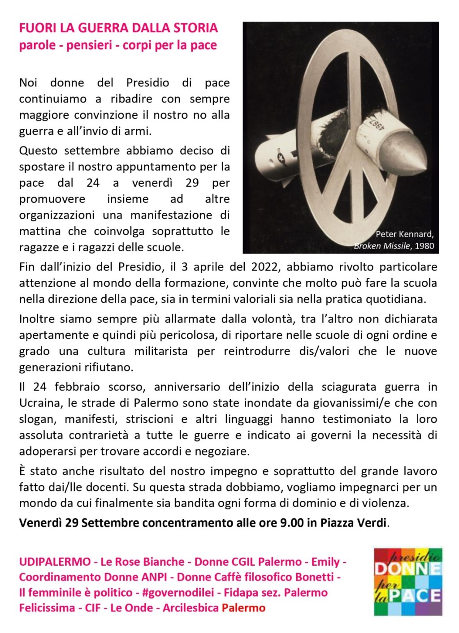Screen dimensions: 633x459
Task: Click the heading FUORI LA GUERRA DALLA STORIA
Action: point(118,28)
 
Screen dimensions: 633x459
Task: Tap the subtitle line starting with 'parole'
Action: point(117,45)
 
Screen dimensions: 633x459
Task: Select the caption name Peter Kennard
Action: point(404,234)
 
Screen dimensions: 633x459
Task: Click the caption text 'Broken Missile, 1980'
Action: point(394,245)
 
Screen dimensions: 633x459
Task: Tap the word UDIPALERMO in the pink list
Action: point(55,562)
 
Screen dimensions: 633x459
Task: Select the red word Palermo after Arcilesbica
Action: point(243,608)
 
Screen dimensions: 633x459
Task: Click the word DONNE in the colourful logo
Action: point(407,569)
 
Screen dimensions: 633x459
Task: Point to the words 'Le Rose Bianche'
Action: point(143,562)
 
